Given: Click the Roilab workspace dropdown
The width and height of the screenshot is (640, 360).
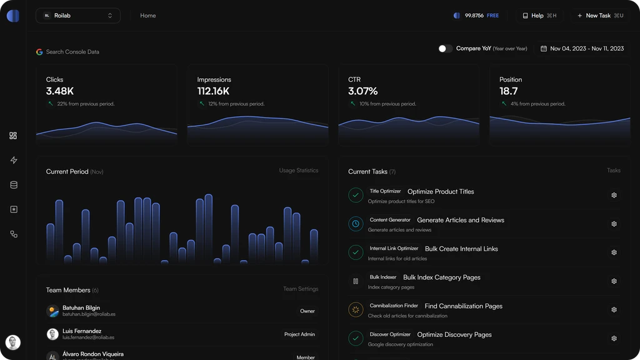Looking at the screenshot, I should click(77, 16).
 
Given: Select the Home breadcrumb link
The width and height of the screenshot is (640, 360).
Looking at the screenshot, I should click(148, 16).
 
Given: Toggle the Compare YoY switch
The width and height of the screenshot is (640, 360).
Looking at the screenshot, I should click(445, 49).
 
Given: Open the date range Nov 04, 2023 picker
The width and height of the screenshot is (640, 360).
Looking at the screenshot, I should click(582, 49).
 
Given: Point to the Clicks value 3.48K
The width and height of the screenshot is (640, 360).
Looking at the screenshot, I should click(60, 91).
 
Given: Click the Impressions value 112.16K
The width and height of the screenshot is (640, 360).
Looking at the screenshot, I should click(213, 91).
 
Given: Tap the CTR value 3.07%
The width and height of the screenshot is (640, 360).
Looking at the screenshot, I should click(362, 91).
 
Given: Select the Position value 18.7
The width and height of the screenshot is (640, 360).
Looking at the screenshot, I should click(508, 91).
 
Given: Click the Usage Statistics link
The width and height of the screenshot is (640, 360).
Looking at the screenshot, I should click(298, 171).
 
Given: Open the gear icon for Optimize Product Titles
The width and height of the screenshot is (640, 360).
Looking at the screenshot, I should click(614, 196).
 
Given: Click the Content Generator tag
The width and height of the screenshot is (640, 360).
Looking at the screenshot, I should click(390, 220).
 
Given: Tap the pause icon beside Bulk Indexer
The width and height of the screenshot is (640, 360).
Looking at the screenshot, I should click(356, 281).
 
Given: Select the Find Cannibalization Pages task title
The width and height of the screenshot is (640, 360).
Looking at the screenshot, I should click(463, 306).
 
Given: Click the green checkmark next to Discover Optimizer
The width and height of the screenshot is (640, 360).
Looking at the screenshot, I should click(356, 339).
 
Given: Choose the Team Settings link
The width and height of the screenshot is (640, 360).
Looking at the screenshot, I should click(300, 289).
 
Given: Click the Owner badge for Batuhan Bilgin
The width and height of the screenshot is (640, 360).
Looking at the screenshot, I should click(307, 311).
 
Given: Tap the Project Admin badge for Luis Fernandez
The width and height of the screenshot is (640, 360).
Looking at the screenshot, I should click(299, 334).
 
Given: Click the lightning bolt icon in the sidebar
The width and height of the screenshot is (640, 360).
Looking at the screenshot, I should click(14, 161).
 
